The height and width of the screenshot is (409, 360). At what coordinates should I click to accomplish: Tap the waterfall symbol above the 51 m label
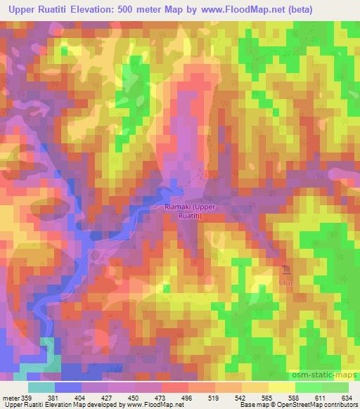point(286,270)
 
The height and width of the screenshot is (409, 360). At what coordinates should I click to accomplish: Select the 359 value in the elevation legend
point(27,398)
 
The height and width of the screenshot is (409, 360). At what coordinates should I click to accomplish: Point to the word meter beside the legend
point(11,398)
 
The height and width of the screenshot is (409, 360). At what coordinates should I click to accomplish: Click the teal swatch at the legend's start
point(41,387)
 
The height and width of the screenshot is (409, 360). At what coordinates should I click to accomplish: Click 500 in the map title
point(130,10)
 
